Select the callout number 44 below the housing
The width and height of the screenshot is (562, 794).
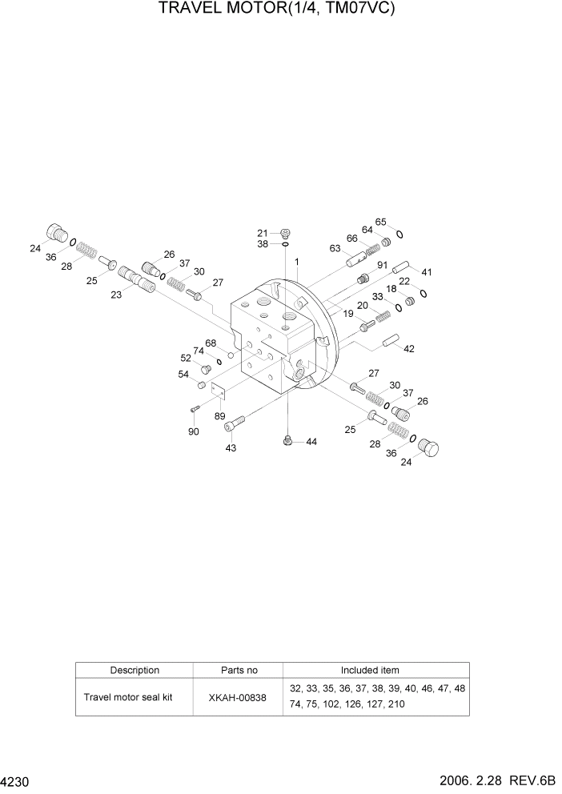[x=311, y=442]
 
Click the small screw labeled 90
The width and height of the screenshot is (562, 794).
[x=194, y=409]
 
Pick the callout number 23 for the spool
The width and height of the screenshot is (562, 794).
[x=116, y=295]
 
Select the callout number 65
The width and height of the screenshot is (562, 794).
[x=381, y=222]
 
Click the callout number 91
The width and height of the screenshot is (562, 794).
[x=382, y=266]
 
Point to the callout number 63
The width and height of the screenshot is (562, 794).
[x=335, y=248]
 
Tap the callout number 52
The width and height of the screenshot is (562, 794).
[x=185, y=358]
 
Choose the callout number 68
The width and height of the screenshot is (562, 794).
[x=211, y=343]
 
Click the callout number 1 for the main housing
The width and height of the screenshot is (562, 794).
[x=297, y=262]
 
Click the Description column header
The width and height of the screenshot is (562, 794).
[x=134, y=671]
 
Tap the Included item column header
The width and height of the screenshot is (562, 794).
[x=370, y=671]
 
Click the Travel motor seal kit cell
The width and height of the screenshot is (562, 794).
[x=134, y=697]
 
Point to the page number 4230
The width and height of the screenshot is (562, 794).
[x=15, y=781]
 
